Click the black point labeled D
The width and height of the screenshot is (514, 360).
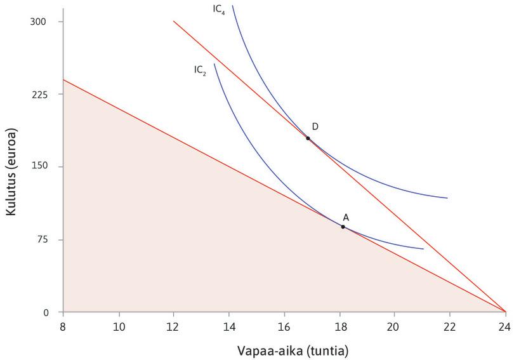pyautogui.click(x=308, y=138)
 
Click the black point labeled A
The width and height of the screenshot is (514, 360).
pyautogui.click(x=343, y=227)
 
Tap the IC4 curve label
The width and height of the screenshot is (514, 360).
pyautogui.click(x=219, y=10)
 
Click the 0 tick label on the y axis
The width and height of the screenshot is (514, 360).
pyautogui.click(x=46, y=312)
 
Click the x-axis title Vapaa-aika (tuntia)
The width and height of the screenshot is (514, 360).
pyautogui.click(x=284, y=350)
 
